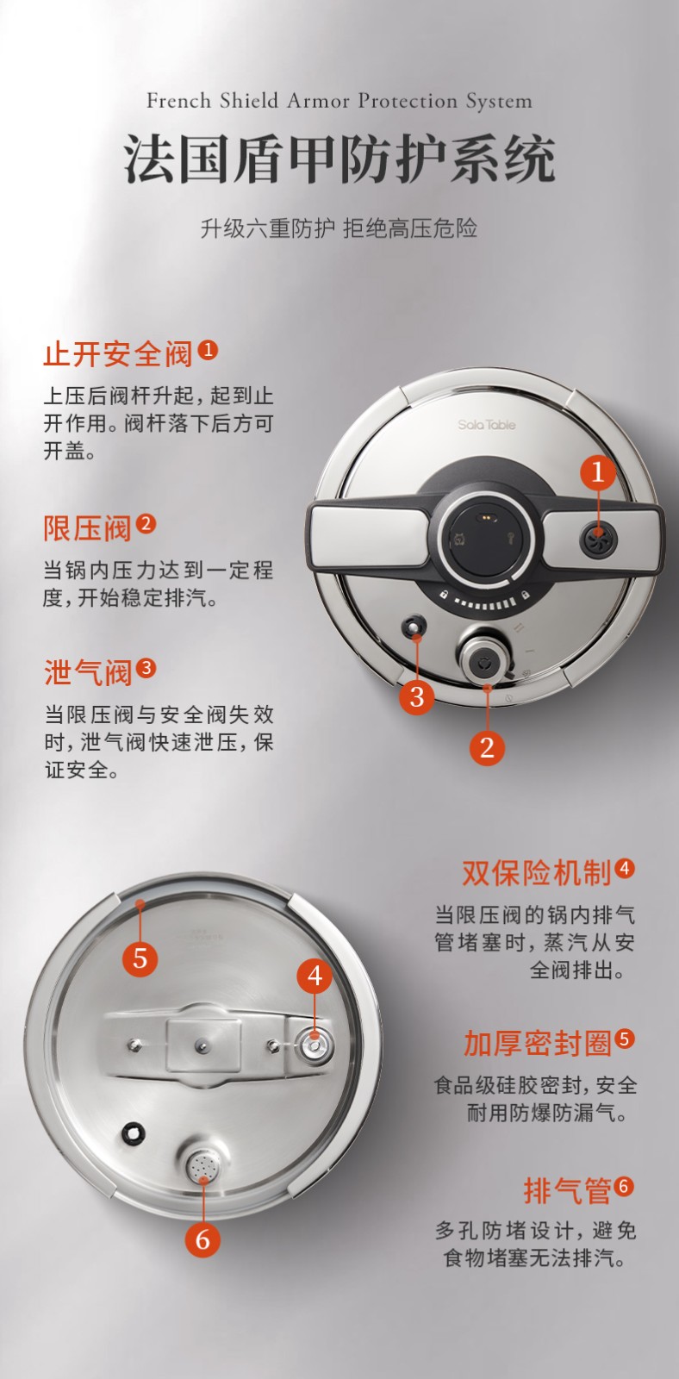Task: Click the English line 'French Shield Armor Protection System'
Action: click(339, 101)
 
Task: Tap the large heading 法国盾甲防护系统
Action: click(339, 160)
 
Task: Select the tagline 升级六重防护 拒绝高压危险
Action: click(339, 228)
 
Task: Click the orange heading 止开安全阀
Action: click(117, 354)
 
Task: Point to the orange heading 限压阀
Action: click(87, 528)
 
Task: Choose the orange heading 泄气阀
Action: click(87, 672)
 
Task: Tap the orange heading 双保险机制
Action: click(536, 873)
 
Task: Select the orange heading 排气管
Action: click(567, 1190)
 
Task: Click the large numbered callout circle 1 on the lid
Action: click(598, 472)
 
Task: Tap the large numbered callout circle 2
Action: click(487, 747)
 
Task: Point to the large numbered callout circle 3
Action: click(417, 697)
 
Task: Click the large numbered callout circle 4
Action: click(315, 976)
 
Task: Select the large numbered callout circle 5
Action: click(140, 958)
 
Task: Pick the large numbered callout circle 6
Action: click(202, 1239)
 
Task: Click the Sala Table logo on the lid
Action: click(486, 425)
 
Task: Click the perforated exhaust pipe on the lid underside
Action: click(203, 1165)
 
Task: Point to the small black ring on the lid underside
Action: click(133, 1133)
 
